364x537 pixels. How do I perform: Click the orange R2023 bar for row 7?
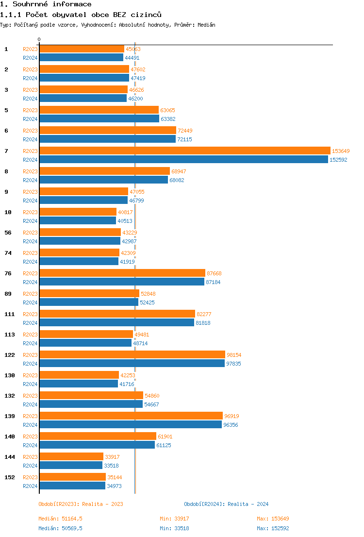point(184,151)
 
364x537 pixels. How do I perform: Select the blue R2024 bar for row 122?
point(132,364)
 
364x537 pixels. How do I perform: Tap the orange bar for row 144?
point(71,457)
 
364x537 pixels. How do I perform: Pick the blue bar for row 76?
point(122,282)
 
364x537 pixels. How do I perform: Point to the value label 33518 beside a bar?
point(112,466)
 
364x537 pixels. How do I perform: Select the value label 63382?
point(167,119)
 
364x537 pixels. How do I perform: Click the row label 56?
point(8,233)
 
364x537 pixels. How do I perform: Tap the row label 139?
point(10,416)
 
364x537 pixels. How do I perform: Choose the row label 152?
point(10,477)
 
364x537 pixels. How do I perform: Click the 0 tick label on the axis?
point(39,39)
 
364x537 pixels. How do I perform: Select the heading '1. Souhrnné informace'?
point(46,4)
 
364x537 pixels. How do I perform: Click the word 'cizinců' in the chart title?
point(147,15)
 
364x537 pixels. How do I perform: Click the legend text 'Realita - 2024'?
point(248,504)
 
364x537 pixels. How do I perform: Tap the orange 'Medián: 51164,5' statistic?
point(60,519)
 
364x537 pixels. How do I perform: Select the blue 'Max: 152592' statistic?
point(273,528)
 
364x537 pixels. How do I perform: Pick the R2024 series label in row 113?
point(30,343)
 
